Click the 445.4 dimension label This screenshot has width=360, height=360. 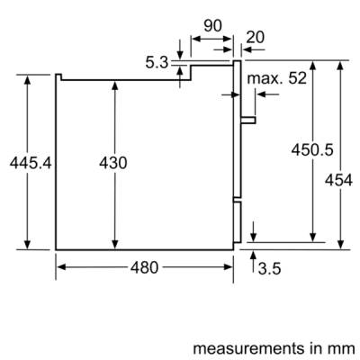click(x=31, y=163)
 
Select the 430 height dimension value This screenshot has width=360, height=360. click(x=113, y=163)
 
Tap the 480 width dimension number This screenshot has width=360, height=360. click(x=144, y=267)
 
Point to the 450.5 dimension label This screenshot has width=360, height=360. click(x=312, y=149)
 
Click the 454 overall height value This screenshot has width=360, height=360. click(x=338, y=180)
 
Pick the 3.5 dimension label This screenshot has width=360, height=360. click(x=269, y=268)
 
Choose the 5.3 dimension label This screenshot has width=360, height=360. click(x=157, y=63)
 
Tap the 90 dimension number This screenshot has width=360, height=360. click(x=212, y=26)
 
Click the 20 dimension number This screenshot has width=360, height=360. click(x=256, y=37)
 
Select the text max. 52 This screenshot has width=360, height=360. click(x=276, y=78)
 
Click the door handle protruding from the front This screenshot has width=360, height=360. click(x=248, y=120)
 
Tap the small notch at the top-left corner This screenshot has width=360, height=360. click(x=58, y=76)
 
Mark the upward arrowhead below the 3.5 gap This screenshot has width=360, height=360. click(x=254, y=256)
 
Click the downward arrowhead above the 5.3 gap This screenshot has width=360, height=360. click(x=180, y=55)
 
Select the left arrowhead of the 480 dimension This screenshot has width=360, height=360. click(x=61, y=267)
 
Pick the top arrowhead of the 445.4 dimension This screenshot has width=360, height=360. click(x=27, y=79)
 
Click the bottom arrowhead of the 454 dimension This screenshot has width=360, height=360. click(x=340, y=245)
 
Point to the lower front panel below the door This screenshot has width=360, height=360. click(x=237, y=221)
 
